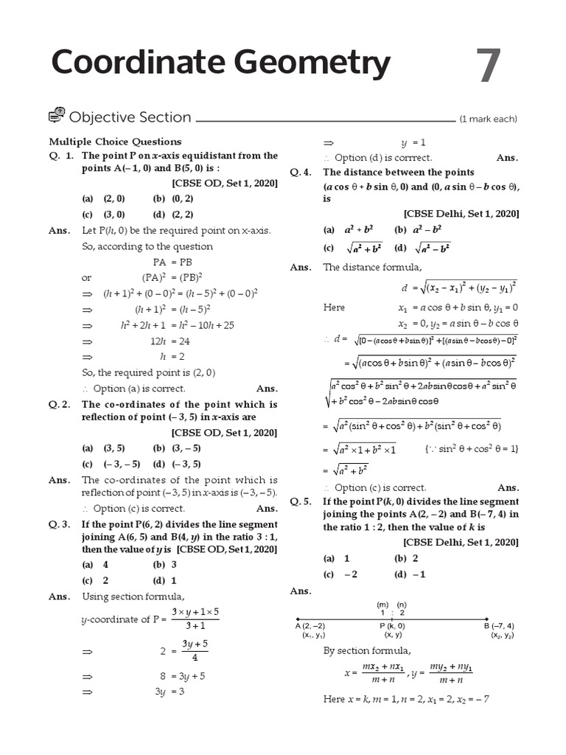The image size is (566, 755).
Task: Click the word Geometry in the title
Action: coord(304,65)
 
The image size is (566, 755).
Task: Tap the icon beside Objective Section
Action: coord(57,116)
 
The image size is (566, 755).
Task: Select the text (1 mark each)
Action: coord(488,119)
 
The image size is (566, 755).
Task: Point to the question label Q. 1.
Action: coord(61,156)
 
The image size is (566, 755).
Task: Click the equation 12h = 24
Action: coord(170,341)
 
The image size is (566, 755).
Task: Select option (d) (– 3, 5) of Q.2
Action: coord(178,464)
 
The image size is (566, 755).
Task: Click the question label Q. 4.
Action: coord(300,172)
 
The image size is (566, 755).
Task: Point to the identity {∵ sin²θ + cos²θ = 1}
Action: coord(472,448)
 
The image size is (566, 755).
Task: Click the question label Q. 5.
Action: coord(300,501)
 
